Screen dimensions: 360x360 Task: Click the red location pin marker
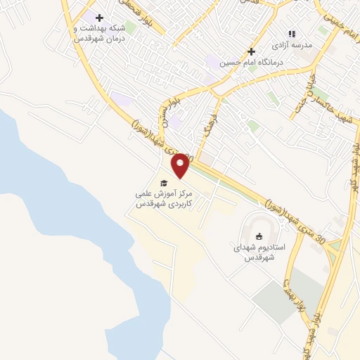click(x=181, y=165)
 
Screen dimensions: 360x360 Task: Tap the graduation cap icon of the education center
click(x=164, y=183)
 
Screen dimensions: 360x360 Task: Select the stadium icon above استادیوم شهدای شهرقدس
click(x=258, y=236)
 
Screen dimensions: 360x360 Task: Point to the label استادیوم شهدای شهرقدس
click(x=258, y=253)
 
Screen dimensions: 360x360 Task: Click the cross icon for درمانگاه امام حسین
click(x=251, y=51)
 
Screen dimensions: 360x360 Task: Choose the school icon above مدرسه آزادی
click(x=292, y=33)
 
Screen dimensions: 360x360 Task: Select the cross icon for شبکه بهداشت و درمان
click(x=99, y=18)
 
